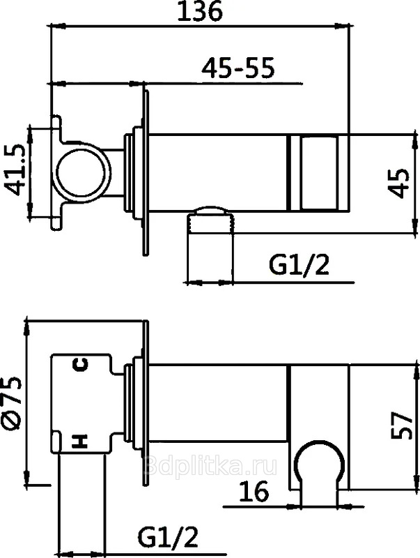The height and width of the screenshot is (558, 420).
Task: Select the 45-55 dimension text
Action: [x=238, y=68]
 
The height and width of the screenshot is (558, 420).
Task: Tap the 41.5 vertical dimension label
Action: [x=15, y=170]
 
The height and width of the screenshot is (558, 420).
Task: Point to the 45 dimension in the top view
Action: [x=399, y=183]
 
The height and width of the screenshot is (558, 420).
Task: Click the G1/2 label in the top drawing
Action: [x=300, y=265]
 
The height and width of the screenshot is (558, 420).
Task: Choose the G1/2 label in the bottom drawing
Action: [x=168, y=537]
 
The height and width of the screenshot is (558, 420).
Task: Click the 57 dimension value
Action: [x=402, y=425]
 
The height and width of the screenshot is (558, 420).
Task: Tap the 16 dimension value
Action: [x=254, y=492]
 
